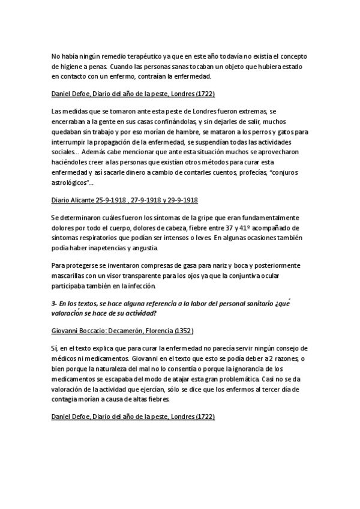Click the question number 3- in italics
click(54, 304)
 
